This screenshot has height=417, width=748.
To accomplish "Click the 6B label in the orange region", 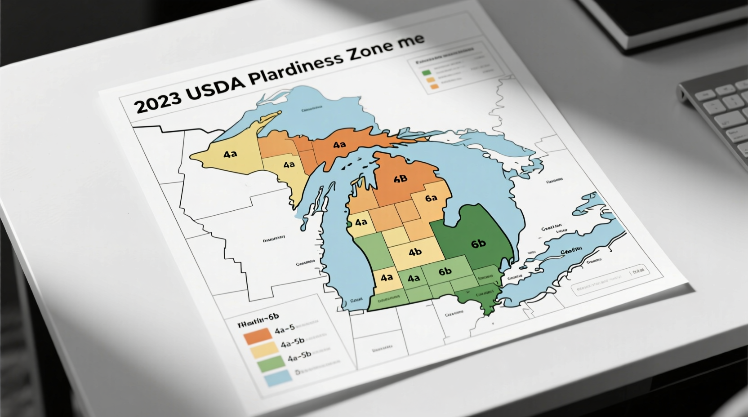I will point(400,179).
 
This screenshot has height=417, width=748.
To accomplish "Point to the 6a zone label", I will point(431,198).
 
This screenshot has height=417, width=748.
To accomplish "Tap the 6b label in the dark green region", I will point(479,244).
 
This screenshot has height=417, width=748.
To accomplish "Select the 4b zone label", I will point(415,252).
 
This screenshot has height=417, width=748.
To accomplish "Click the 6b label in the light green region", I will point(445,271).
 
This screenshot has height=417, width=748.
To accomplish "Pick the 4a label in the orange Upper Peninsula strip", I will point(339,145).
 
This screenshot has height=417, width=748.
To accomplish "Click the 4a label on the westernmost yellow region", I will point(230,154).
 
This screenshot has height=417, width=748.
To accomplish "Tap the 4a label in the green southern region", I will point(413,278).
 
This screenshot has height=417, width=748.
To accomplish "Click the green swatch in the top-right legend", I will point(426,72).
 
